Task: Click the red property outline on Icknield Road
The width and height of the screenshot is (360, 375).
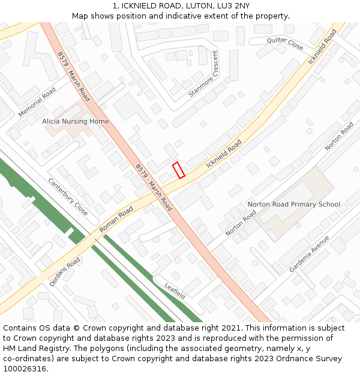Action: (x=178, y=170)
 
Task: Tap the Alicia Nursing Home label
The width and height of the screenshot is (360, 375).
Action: (x=76, y=121)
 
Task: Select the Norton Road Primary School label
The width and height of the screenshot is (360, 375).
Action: (x=294, y=205)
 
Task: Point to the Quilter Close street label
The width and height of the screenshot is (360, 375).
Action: (x=286, y=43)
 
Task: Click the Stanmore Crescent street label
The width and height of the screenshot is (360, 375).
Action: (x=204, y=74)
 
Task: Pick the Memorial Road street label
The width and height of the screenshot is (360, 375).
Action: (x=37, y=102)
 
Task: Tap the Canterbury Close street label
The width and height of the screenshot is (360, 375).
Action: (x=68, y=197)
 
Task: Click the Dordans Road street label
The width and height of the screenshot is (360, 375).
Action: (x=64, y=272)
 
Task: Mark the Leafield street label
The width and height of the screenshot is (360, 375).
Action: (x=175, y=291)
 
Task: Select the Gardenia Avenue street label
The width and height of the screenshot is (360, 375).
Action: (x=309, y=253)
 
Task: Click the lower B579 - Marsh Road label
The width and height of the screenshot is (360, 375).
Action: (x=154, y=187)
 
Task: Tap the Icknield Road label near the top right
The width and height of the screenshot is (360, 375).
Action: (x=322, y=47)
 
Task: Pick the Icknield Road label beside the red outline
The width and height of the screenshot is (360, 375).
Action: (x=224, y=154)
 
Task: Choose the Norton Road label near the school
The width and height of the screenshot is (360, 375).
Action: (x=241, y=223)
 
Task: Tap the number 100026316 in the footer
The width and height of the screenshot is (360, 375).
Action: (x=25, y=368)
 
